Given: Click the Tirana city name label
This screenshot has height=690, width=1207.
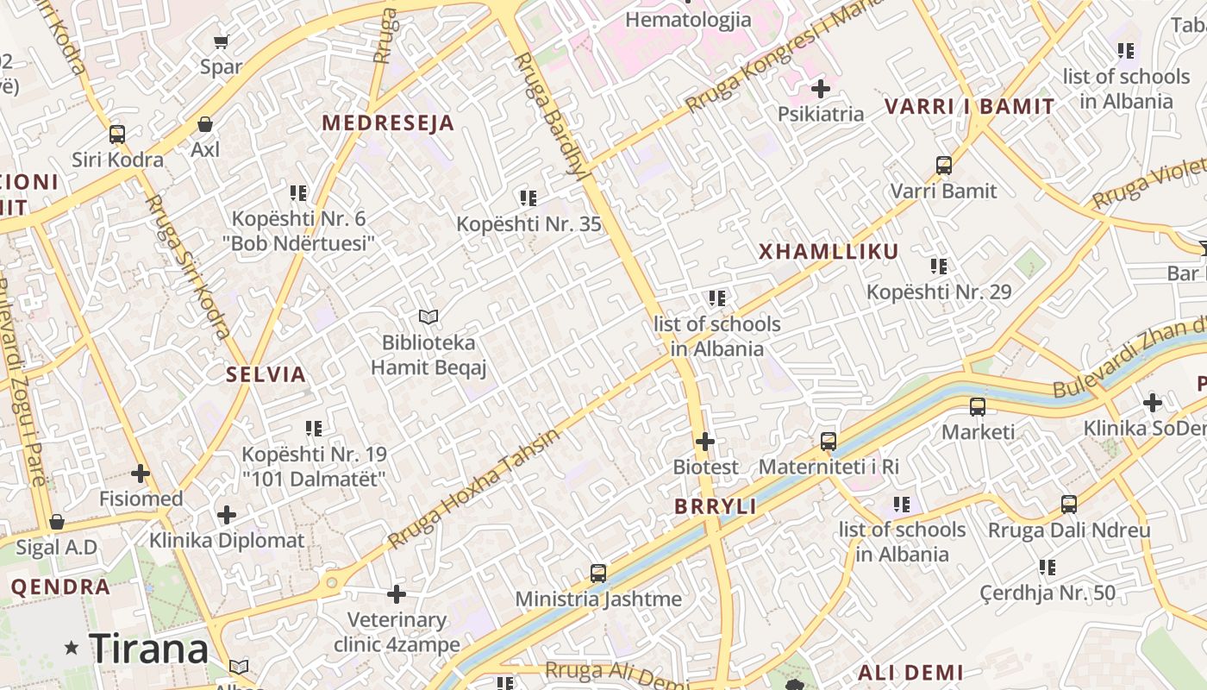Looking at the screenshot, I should coord(148,649).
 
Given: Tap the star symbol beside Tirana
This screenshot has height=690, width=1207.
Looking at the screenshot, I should coord(72,648).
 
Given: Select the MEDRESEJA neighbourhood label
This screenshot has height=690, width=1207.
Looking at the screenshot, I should coord(388,122).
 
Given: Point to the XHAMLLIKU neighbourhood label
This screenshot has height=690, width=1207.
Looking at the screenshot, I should coord(829,252).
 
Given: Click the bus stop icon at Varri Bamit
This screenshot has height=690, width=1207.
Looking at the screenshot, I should coord(944,165).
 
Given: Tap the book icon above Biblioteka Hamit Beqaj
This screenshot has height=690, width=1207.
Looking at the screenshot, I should coord(428,317).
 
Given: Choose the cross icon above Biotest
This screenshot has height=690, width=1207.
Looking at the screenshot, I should coord(705,442).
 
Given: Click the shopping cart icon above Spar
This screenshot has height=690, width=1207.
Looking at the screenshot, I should coord(221,41).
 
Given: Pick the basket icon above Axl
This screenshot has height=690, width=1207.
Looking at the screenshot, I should coord(205,124).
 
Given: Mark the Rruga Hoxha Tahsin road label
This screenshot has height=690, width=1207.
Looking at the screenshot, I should coord(473,488).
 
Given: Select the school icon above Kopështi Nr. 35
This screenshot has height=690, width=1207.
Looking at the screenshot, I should coord(528,198).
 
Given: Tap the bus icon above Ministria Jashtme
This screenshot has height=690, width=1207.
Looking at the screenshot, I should coord(598,573).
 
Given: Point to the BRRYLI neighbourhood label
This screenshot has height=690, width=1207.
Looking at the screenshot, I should coord(716,506).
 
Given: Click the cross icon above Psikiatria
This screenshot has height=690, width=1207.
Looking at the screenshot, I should coord(821,88).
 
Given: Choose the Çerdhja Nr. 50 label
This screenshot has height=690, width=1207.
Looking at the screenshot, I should coord(1048,593).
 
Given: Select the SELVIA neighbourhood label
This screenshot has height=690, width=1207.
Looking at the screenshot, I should coord(266,374).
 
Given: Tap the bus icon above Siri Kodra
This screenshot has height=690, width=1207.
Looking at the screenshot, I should coord(117,135).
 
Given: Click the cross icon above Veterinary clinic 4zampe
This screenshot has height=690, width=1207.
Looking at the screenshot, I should coord(397,594).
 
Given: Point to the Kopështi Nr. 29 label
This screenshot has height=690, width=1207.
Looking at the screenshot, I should coord(939,292).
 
